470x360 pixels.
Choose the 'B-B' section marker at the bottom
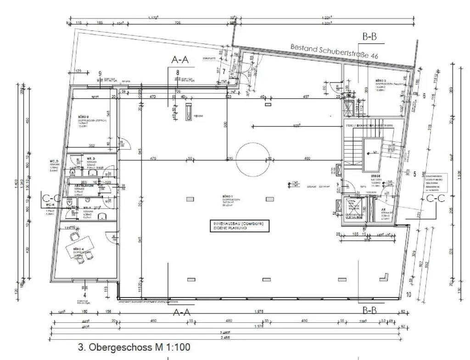tap(370, 310)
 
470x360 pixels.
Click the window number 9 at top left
tap(100, 73)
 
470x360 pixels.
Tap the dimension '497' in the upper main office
tap(306, 97)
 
